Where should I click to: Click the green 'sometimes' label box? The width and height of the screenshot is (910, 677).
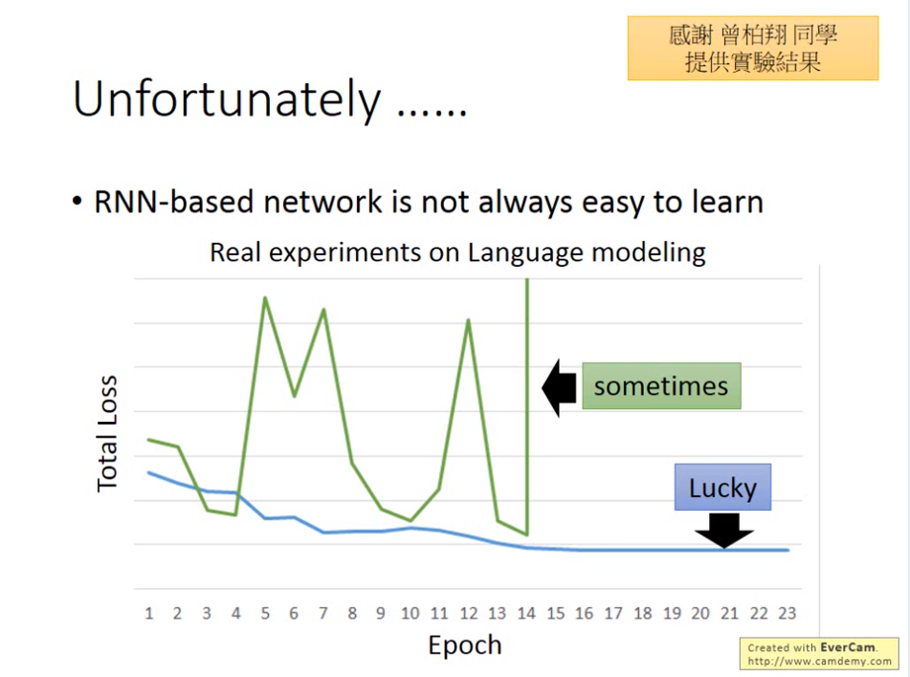click(661, 385)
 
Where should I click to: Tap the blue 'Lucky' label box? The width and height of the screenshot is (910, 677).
click(722, 488)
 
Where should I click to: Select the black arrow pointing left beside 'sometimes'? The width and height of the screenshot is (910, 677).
click(560, 387)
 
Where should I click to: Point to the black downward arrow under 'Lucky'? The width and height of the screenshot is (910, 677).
click(723, 531)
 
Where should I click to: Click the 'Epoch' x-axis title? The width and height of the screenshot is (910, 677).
click(465, 645)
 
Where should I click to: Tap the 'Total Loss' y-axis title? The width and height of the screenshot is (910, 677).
click(107, 434)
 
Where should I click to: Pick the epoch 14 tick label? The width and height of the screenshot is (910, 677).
click(526, 613)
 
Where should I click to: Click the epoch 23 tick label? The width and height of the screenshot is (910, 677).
click(787, 613)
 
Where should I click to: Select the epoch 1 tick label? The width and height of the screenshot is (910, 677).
click(149, 613)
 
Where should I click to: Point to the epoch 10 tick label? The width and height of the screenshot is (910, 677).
click(411, 613)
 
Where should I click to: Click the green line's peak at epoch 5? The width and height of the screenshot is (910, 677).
click(265, 297)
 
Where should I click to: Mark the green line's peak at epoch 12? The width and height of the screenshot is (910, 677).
click(468, 319)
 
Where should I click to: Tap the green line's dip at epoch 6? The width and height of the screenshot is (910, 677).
click(294, 396)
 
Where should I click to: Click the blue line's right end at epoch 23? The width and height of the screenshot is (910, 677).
click(788, 550)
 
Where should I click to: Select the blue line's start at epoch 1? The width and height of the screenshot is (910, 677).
click(149, 472)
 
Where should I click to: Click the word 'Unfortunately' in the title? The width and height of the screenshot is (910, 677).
click(227, 99)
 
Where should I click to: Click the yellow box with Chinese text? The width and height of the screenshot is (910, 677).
click(753, 48)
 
